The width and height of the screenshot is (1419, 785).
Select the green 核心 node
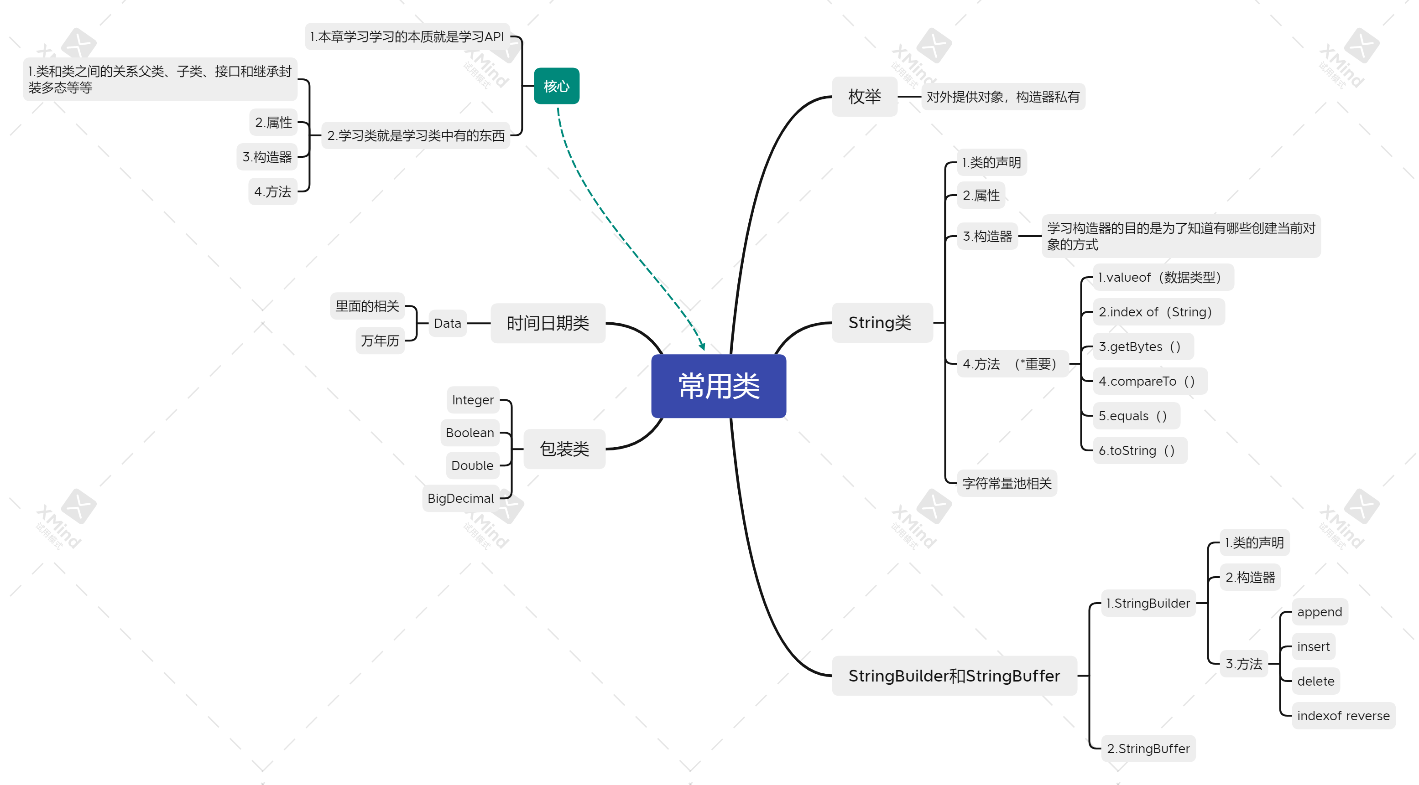click(556, 87)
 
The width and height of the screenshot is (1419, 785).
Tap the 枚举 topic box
click(864, 97)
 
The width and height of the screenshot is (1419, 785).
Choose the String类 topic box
click(880, 323)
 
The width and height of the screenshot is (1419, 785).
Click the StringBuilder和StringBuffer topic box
click(954, 676)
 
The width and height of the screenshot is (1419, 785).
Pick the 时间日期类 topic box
click(548, 323)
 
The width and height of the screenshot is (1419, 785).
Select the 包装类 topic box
click(564, 449)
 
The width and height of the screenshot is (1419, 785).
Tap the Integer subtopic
click(473, 400)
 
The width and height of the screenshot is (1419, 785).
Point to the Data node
click(447, 323)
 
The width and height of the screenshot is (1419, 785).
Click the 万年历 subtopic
click(380, 341)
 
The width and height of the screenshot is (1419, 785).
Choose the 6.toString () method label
click(1137, 450)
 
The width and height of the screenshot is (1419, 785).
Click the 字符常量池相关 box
click(1007, 483)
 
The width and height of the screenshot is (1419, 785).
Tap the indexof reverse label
click(1343, 716)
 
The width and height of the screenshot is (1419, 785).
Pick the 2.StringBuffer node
click(1148, 749)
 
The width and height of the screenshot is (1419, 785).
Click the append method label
click(1319, 612)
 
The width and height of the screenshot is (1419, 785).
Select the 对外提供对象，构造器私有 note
click(1002, 97)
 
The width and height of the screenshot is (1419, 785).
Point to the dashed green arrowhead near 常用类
click(702, 347)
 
